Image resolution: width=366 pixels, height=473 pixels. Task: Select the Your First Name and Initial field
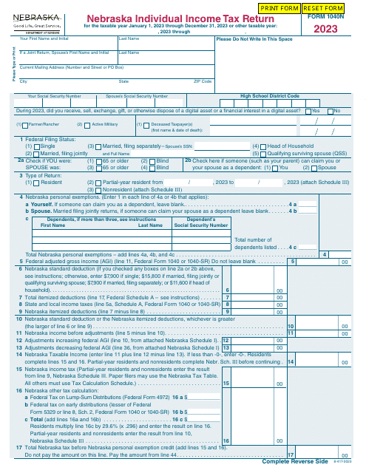67,44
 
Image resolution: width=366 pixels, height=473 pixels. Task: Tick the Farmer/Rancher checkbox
18,124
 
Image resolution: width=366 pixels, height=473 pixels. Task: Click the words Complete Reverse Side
294,461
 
